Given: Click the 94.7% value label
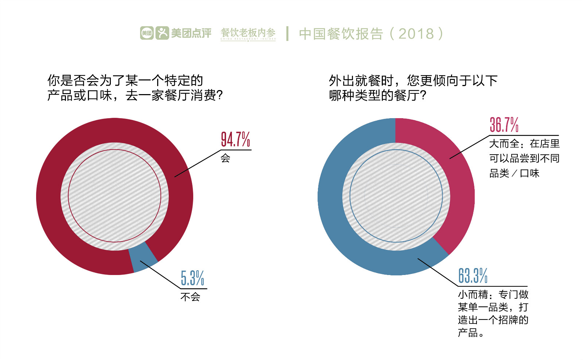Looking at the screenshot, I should click(x=236, y=139).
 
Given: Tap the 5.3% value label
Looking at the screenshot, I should click(x=193, y=278).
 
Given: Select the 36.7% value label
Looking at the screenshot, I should click(x=504, y=125).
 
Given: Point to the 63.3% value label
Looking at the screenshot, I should click(x=473, y=276).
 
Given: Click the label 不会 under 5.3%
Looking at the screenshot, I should click(x=190, y=297).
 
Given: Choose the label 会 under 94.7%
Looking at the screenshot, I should click(x=225, y=158).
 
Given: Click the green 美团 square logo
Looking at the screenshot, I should click(x=147, y=33).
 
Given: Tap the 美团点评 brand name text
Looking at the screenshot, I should click(x=191, y=33).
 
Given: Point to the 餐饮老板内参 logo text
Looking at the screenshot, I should click(x=248, y=33).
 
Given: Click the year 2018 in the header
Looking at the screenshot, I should click(x=416, y=34).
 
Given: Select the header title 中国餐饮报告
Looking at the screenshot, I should click(x=341, y=34).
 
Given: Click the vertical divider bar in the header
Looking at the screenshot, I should click(x=288, y=34).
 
